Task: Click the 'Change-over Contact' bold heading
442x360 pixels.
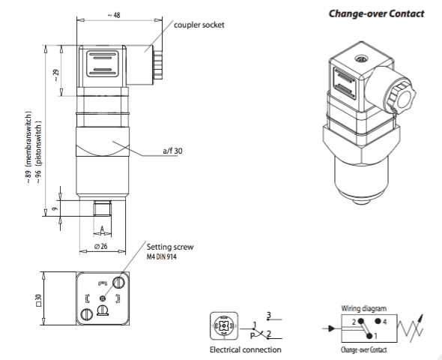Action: coord(377,13)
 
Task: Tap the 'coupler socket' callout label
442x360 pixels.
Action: coord(199,25)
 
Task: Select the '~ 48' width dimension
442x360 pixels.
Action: coord(113,15)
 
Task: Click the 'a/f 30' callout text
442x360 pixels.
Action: coord(173,151)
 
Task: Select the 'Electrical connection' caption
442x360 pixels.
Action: coord(246,349)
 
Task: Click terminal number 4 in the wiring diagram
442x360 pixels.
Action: coord(385,321)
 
